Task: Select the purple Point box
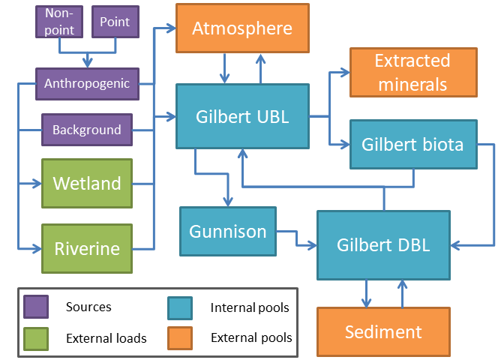pos(115,22)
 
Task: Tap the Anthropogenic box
pos(86,83)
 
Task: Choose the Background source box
pos(86,130)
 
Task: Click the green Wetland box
pos(86,184)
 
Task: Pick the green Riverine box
pos(86,248)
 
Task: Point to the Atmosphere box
pos(232,28)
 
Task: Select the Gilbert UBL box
pos(242,116)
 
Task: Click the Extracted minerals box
pos(412,72)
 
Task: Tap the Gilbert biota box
pos(413,143)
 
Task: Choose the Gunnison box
pos(227,231)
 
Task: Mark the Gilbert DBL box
pos(382,244)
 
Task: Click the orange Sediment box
pos(382,331)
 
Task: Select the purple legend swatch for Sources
pos(36,307)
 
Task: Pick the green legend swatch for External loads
pos(36,337)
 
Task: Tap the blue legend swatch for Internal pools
pos(181,307)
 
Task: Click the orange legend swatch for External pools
pos(181,337)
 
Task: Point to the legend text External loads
pos(106,338)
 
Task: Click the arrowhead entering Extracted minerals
pos(345,73)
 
